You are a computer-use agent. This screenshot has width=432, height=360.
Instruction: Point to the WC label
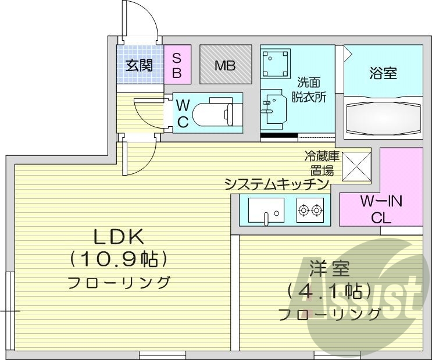pos(183,113)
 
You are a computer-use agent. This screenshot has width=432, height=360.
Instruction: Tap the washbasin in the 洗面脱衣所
pos(273,108)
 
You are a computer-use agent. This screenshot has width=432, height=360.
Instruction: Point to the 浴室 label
pos(383,74)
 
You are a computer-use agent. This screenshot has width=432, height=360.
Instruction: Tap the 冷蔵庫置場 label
pos(319,163)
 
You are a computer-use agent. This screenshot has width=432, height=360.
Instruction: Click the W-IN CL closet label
pos(381,210)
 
